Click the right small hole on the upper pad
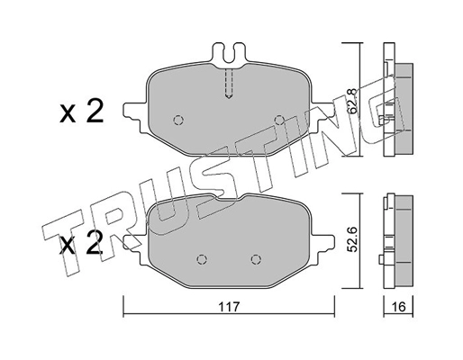coord(278,120)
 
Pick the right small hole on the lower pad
coord(262,258)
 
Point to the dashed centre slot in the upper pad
coord(229,86)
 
